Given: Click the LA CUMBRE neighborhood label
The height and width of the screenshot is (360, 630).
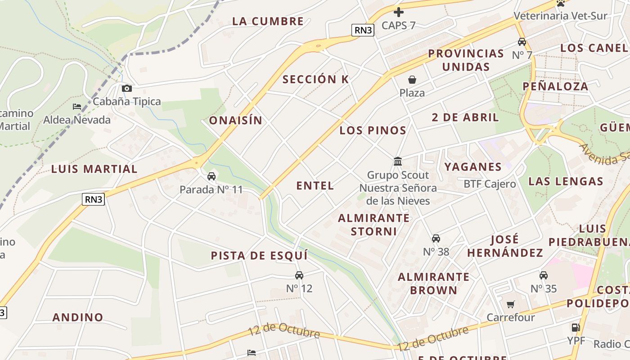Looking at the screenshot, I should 268,21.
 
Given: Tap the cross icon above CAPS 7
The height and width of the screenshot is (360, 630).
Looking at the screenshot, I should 398,12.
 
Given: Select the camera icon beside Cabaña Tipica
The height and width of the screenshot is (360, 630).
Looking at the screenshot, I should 127,88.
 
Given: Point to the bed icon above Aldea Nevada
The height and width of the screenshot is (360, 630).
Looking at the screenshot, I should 77,107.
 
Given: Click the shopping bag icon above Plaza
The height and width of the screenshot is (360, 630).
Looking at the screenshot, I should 412,80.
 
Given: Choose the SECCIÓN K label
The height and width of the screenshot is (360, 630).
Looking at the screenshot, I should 315,80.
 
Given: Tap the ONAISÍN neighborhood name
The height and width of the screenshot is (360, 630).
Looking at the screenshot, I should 235,120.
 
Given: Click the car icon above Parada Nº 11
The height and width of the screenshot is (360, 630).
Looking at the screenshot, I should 211,176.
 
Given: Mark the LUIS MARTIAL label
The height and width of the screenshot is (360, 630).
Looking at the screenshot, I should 94,169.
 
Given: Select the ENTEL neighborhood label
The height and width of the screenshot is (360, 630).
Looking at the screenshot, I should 315,185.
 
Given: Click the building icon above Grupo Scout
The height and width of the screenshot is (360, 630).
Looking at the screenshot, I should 398,161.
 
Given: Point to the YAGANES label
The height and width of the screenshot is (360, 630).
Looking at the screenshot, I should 473,167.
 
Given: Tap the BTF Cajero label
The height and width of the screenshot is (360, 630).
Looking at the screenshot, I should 490,184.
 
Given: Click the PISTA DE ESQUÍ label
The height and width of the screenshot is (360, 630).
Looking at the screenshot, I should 259,256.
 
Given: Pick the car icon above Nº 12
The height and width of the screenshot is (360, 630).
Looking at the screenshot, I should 299,275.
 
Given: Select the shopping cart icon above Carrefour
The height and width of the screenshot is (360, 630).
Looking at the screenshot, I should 511,305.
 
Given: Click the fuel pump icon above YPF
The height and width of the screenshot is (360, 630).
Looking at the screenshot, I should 576,327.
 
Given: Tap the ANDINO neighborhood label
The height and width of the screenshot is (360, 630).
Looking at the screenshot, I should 78,317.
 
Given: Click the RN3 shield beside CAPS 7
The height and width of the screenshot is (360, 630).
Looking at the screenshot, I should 363,30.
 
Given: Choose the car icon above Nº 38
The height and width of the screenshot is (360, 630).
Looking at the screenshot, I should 436,238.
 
